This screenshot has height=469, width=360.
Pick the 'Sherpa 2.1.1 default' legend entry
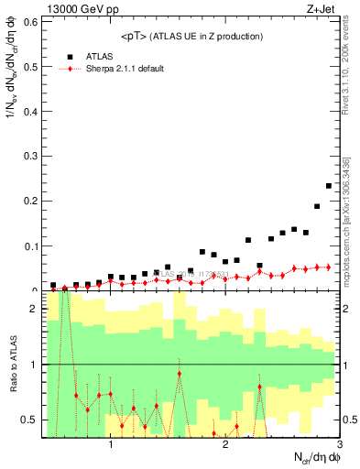128,69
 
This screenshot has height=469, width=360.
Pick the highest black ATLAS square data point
329,186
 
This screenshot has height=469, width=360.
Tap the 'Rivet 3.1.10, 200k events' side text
347,73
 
